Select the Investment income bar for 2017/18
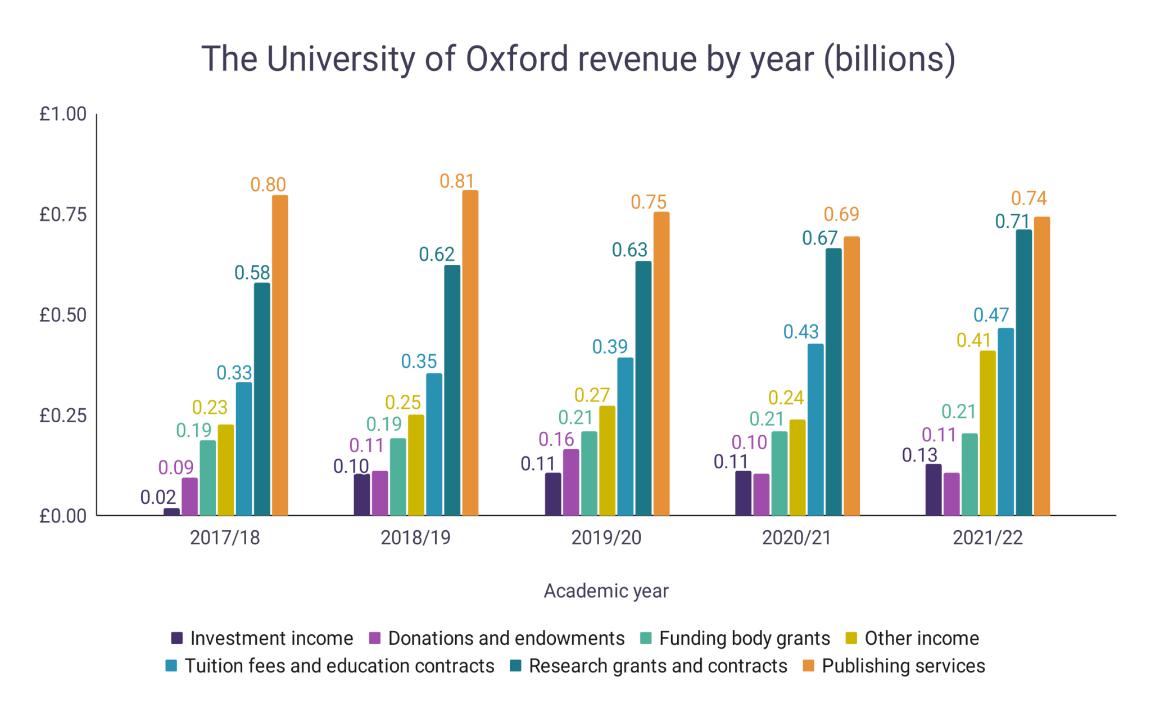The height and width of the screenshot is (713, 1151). click(171, 512)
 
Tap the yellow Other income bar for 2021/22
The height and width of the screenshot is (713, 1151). click(987, 433)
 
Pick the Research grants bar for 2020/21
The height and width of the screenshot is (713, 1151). click(833, 382)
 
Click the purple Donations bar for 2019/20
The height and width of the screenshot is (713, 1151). click(570, 482)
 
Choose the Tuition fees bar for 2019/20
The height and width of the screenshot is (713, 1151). click(625, 436)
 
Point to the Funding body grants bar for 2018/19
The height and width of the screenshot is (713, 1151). click(397, 477)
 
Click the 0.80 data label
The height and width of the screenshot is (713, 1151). click(268, 184)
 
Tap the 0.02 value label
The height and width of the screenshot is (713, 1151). click(158, 497)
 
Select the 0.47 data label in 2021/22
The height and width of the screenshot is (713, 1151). click(991, 315)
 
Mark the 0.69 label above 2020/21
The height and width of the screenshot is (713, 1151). click(841, 214)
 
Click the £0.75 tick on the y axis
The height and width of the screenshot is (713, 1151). click(63, 214)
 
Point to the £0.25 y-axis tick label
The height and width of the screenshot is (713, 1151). click(63, 416)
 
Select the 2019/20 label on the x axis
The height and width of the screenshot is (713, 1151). click(606, 538)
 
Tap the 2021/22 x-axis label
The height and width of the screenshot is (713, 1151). click(987, 538)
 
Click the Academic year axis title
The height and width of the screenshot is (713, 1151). click(606, 591)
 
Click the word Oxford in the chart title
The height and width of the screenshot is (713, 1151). click(517, 59)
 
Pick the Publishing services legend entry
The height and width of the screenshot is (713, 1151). click(903, 666)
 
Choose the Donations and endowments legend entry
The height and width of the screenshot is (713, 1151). click(506, 638)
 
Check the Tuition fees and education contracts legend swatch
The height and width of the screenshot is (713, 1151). click(171, 666)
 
